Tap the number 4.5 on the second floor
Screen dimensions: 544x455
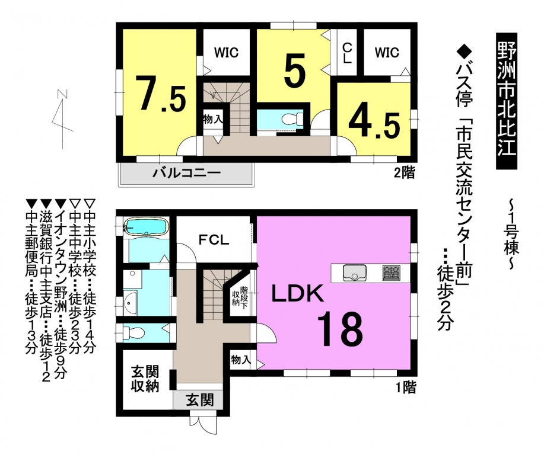tap(374, 124)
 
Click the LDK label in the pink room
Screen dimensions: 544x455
tap(298, 294)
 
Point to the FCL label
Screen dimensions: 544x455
tap(214, 240)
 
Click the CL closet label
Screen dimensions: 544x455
tap(347, 53)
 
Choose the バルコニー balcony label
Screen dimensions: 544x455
tap(187, 172)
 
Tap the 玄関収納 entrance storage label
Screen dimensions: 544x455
tap(145, 379)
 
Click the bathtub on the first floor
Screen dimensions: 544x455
tap(147, 227)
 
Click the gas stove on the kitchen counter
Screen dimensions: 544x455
tap(392, 273)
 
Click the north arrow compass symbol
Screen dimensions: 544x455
tap(62, 118)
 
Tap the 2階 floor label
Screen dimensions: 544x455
tap(404, 172)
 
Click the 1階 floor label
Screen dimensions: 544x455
tap(406, 387)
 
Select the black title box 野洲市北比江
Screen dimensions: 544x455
tap(507, 101)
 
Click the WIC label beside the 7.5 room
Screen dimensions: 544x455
tap(226, 53)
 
